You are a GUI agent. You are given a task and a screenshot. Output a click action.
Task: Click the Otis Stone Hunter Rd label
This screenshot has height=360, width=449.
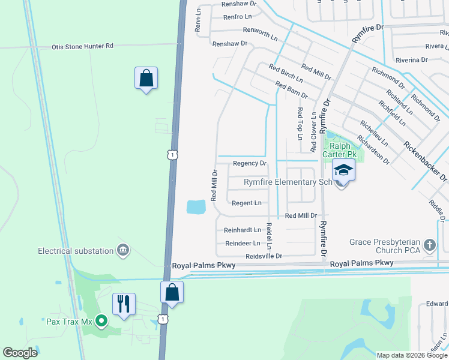pos(82,46)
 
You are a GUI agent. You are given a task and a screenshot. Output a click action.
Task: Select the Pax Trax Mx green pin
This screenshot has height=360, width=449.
pos(101,321)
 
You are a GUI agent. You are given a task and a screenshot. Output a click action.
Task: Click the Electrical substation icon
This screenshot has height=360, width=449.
pos(123,250)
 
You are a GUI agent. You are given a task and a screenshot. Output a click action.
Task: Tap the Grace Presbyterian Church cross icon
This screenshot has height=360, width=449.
pos(429,245)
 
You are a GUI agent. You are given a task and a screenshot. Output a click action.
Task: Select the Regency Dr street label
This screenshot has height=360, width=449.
pos(249,163)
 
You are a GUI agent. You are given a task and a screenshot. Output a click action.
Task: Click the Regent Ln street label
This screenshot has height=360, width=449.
pos(247,203)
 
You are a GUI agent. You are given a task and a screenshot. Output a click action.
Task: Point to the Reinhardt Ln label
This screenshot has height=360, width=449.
pos(243,230)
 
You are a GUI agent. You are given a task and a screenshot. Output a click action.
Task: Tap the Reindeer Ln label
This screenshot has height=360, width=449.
pos(243,243)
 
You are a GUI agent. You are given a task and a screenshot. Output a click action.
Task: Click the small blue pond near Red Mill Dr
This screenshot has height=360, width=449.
pos(196,207)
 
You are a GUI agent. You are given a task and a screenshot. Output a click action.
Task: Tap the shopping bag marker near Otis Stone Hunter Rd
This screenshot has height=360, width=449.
pos(146,78)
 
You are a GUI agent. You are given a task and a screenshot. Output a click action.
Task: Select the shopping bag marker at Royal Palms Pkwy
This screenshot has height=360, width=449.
pos(172,292)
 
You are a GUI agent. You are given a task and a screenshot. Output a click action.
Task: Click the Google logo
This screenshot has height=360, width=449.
pos(20,353)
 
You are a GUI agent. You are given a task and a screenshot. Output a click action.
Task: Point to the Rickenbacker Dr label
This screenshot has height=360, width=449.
pos(426,161)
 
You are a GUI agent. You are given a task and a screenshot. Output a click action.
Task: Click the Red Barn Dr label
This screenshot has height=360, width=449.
pos(291,91)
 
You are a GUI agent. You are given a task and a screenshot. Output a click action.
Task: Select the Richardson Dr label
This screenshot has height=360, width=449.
pos(374,149)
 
